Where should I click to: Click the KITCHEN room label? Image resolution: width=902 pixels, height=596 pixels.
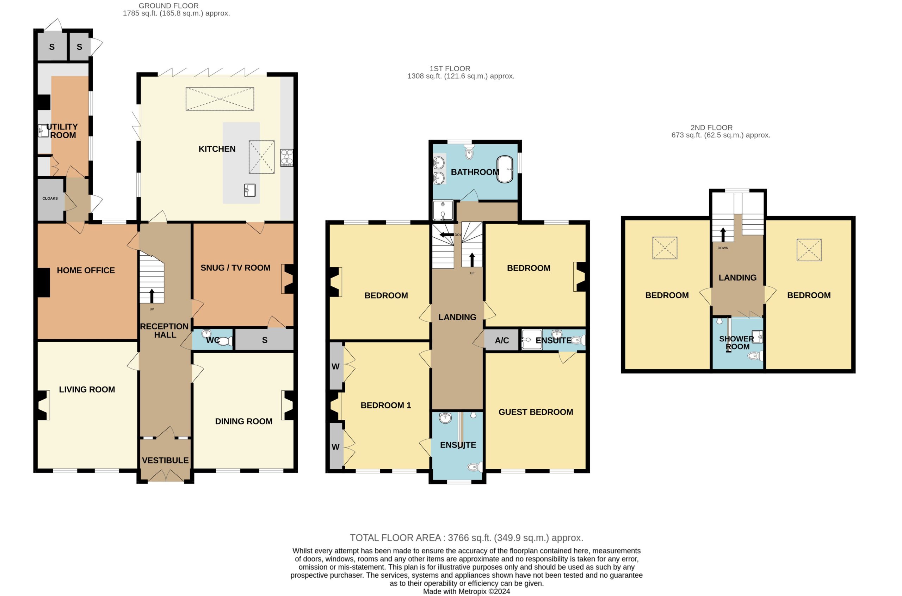pos(217,149)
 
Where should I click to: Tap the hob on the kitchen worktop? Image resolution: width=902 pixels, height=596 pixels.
pos(287,157)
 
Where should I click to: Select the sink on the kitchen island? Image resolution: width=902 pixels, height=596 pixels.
pos(249,190)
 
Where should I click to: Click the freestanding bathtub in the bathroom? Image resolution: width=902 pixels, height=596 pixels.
pos(505,169)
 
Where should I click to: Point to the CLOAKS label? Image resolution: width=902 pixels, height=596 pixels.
pos(50,199)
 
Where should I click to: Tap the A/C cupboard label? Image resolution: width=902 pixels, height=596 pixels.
pos(502,341)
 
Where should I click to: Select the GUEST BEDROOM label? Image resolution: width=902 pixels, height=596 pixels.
pos(536,412)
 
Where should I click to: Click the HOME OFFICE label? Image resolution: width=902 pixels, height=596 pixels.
pos(86,270)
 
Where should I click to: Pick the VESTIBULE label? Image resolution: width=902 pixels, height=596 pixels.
pos(165,461)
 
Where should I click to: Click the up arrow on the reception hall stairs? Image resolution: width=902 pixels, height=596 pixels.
pos(152,296)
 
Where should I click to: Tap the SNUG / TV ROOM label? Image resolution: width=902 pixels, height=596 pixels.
pos(235,268)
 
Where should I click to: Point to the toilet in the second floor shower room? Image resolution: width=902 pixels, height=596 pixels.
pos(755,356)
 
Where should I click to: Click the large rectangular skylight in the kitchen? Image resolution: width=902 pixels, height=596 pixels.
pos(220,99)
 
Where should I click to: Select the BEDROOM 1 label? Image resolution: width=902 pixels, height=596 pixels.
pos(386,406)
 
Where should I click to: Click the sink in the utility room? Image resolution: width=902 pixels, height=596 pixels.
pos(43,130)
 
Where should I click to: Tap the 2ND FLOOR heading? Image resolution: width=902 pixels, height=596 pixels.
pos(711,128)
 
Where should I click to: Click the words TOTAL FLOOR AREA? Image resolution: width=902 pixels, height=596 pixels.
pos(395,538)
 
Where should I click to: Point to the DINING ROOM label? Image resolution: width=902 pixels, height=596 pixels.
pos(244,421)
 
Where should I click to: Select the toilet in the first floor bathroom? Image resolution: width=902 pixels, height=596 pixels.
pos(469,152)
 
